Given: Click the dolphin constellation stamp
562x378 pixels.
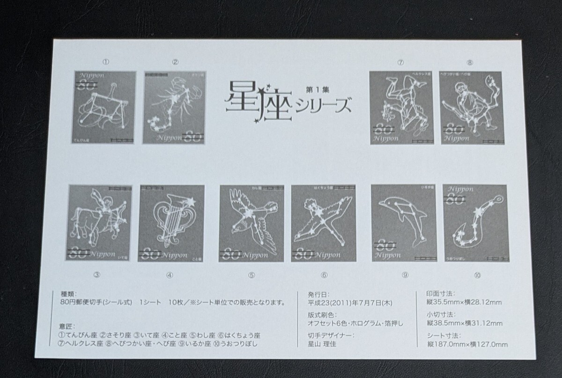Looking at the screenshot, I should tap(403, 223).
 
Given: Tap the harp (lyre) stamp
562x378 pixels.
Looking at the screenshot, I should tap(171, 223).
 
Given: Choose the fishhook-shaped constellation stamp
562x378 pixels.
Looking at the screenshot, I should tap(475, 223).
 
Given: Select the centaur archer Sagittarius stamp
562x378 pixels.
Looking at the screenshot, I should tap(100, 223).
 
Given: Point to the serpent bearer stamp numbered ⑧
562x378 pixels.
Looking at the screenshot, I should tap(471, 108).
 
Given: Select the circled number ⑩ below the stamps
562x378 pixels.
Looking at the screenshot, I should tap(477, 276).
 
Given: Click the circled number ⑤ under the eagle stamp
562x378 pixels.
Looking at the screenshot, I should tap(251, 276).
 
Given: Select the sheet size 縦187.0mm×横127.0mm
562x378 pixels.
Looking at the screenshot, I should tap(467, 344).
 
